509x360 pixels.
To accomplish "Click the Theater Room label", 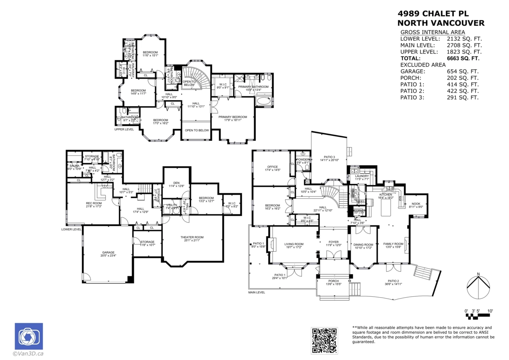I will [x=192, y=237].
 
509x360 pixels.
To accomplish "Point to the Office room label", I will [x=272, y=167].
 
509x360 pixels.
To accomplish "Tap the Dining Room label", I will [x=363, y=245].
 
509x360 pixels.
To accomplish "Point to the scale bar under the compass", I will [x=478, y=315].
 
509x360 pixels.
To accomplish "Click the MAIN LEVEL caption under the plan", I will [x=257, y=292].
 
